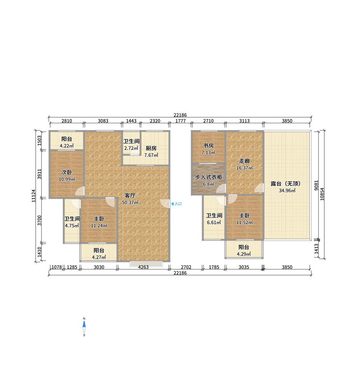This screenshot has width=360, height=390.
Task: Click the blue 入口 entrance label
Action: [x=178, y=204]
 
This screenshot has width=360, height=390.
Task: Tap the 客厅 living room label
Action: [x=130, y=196]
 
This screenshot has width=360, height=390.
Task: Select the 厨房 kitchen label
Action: [x=151, y=148]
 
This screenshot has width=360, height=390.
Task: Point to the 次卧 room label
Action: [x=66, y=172]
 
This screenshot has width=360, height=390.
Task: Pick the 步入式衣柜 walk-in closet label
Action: [x=208, y=177]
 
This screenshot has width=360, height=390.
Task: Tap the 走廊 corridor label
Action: [x=244, y=161]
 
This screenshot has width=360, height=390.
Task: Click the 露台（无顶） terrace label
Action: [x=285, y=184]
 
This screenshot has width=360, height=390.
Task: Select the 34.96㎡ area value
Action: [x=287, y=191]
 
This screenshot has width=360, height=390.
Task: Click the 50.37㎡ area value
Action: [x=130, y=203]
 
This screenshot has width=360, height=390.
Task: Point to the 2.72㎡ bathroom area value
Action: [x=131, y=148]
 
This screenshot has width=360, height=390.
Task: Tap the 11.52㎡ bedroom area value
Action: [x=244, y=223]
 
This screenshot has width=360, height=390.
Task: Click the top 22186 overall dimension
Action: [x=180, y=115]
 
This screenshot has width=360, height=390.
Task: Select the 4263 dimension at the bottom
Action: [x=143, y=267]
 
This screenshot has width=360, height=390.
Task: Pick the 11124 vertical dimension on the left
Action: [x=34, y=196]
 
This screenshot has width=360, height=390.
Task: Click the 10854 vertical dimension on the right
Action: [x=322, y=194]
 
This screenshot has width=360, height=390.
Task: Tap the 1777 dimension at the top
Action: [x=180, y=121]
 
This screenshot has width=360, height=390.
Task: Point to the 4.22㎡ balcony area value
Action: [x=66, y=146]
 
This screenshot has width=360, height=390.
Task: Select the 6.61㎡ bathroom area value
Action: [x=214, y=223]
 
